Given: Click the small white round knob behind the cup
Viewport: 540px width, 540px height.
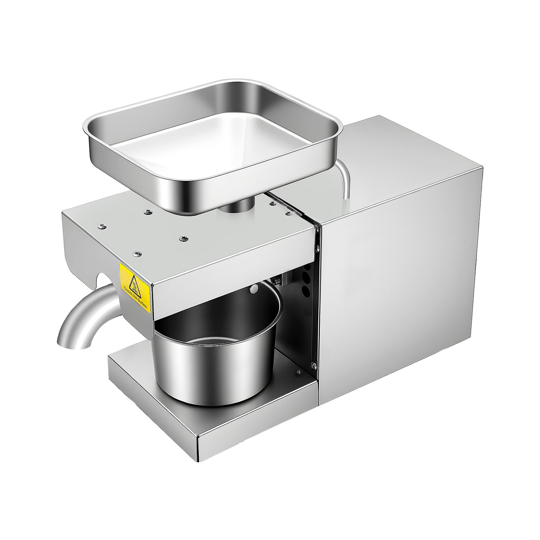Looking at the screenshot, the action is coord(254,289).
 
